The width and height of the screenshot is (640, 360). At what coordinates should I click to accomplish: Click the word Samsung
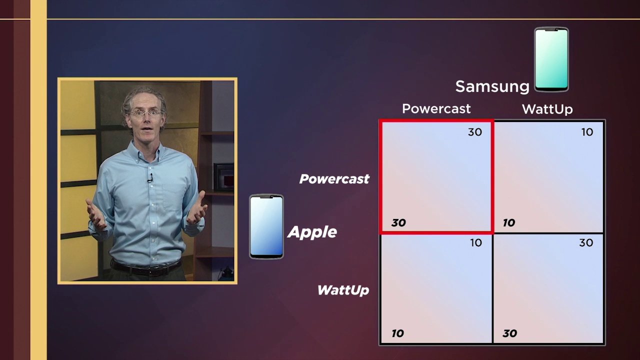(x=492, y=87)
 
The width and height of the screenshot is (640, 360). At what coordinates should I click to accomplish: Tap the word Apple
(x=312, y=232)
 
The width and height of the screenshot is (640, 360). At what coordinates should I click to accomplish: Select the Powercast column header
(x=436, y=108)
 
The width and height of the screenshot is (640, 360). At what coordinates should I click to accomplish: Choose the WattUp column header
(x=547, y=109)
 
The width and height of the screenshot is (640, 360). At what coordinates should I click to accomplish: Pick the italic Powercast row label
(x=334, y=179)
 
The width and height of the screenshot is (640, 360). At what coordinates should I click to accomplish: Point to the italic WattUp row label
(x=343, y=290)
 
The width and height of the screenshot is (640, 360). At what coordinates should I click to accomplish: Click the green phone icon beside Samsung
(x=551, y=59)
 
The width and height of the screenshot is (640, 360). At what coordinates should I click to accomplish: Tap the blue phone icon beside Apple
(x=266, y=226)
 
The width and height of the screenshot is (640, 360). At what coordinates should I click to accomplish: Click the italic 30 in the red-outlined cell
(x=398, y=223)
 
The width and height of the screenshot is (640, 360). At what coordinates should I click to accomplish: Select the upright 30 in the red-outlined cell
(x=475, y=132)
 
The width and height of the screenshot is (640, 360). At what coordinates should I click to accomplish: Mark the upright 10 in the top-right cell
(x=587, y=132)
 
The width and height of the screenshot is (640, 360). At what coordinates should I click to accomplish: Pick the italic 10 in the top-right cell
(x=509, y=223)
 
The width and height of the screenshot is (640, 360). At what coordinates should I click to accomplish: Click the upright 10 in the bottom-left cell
(x=476, y=243)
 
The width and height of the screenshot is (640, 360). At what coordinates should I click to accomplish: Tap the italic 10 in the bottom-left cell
(x=397, y=333)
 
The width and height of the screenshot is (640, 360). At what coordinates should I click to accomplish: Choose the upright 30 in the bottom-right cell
(x=586, y=243)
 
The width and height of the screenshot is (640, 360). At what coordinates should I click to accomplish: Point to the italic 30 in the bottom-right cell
(x=509, y=333)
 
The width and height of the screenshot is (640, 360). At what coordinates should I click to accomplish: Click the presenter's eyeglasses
(x=145, y=113)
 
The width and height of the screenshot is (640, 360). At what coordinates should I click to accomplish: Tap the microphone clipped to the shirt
(x=150, y=178)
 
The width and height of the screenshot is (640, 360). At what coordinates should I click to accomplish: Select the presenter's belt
(x=146, y=267)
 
